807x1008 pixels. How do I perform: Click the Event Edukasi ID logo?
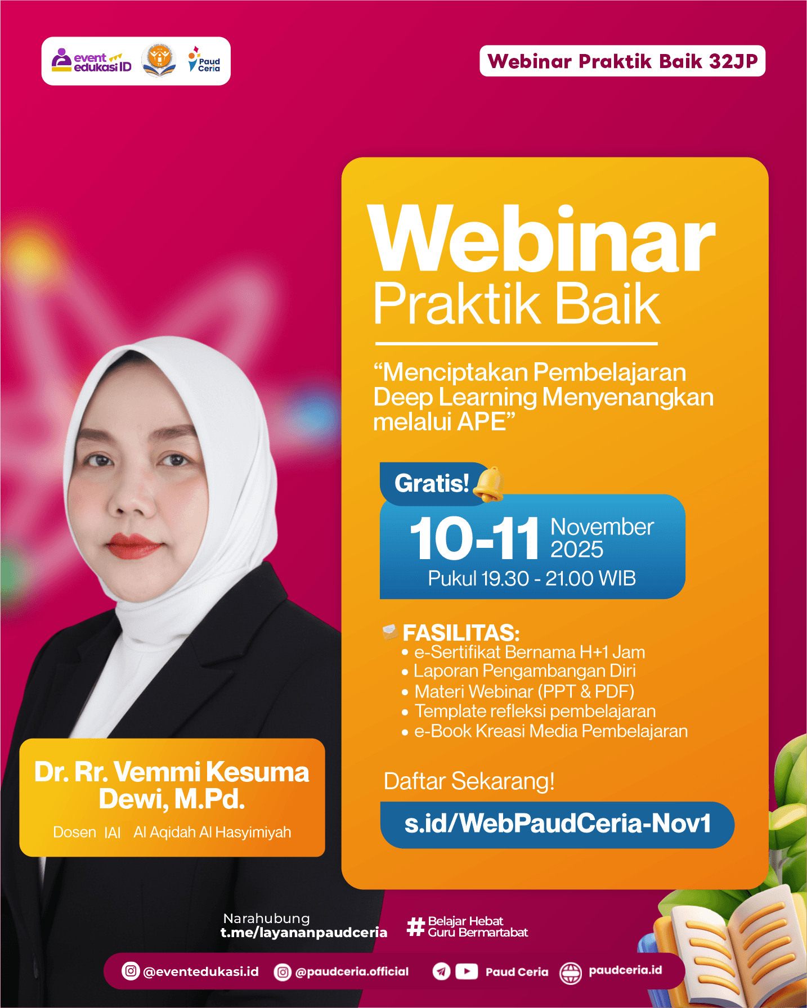(x=92, y=61)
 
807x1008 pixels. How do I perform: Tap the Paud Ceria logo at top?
(x=204, y=61)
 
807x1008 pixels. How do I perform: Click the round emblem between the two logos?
(x=159, y=60)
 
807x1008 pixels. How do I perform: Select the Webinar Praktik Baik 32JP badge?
(x=622, y=61)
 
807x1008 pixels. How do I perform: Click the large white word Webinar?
(x=541, y=241)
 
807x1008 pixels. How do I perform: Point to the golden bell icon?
(x=488, y=484)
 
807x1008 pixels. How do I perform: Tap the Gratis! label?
(x=432, y=484)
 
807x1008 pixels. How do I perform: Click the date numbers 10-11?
(x=474, y=539)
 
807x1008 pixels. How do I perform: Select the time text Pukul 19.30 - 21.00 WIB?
(x=532, y=578)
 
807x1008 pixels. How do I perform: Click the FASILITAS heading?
(x=461, y=633)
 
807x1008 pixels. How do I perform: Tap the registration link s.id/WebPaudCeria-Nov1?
(x=557, y=824)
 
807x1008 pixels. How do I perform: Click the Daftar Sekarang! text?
(x=469, y=781)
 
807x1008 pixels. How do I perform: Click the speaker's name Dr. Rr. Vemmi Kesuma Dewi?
(x=172, y=785)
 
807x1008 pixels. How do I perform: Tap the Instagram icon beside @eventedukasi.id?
(x=131, y=971)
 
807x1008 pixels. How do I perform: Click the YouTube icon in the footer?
(x=467, y=971)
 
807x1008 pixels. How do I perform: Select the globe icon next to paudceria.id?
(x=571, y=973)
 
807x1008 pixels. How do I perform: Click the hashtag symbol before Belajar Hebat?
(x=415, y=926)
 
